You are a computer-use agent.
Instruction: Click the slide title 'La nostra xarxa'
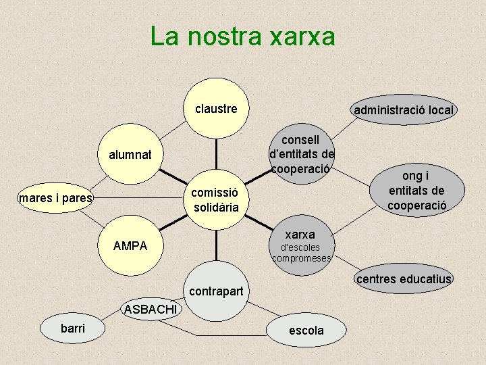242,36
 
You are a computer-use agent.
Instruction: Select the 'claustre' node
216,108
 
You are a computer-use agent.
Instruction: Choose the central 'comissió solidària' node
216,199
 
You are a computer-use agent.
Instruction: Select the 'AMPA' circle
130,245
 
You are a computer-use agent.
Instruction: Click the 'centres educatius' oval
404,279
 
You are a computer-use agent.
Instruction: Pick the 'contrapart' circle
216,292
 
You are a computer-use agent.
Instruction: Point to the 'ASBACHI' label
151,310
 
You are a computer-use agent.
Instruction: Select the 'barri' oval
73,329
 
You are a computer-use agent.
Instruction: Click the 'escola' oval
306,331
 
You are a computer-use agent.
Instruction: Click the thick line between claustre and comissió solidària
217,152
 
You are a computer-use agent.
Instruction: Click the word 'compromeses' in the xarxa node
301,258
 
